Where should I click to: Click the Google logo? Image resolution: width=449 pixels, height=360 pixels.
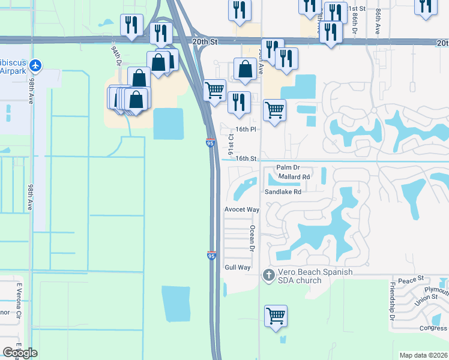tap(20, 353)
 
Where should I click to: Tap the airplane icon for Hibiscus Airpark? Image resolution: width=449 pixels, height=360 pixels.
tap(35, 64)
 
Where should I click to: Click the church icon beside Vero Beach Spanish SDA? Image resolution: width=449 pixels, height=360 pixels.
tap(268, 275)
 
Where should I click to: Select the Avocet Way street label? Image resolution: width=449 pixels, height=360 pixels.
tap(241, 209)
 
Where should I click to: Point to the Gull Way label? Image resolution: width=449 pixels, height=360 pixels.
tap(237, 267)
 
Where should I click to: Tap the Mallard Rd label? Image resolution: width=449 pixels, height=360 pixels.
tap(294, 177)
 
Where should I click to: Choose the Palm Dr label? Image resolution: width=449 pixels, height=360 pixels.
tap(288, 167)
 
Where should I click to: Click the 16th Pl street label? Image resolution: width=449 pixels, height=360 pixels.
tap(246, 129)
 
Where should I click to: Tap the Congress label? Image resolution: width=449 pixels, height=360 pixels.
tap(433, 328)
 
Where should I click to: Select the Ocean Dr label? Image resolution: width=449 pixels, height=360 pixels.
tap(253, 239)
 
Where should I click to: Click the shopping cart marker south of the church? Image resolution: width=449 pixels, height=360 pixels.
tap(276, 314)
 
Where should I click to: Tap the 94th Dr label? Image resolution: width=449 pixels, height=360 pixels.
tap(116, 55)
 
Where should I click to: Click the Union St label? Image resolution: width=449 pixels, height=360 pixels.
tap(426, 297)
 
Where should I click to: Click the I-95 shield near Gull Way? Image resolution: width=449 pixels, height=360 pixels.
tap(211, 256)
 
